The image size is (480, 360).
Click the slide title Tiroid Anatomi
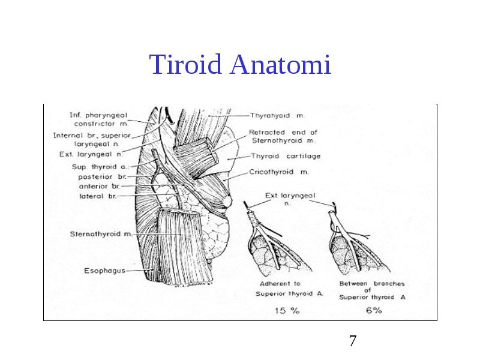click(240, 64)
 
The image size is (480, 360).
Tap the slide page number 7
click(353, 341)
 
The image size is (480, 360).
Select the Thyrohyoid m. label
click(277, 116)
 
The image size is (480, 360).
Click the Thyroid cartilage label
click(286, 156)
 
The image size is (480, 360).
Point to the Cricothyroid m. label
click(279, 172)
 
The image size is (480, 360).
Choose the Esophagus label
click(104, 271)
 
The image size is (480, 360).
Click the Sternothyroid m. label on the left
click(101, 234)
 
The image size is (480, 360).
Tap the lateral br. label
click(98, 196)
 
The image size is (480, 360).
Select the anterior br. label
click(100, 186)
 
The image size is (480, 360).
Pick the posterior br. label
click(102, 176)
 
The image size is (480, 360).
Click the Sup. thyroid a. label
click(100, 167)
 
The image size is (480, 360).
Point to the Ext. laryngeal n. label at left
click(91, 155)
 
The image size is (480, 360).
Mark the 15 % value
click(287, 311)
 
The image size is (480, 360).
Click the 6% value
click(374, 310)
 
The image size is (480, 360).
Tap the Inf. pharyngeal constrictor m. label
click(98, 119)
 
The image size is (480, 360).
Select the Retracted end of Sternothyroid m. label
click(283, 137)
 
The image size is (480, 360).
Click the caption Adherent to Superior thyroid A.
click(289, 289)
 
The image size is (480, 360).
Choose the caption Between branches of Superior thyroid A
click(372, 290)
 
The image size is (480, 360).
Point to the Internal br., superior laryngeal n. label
click(92, 140)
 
